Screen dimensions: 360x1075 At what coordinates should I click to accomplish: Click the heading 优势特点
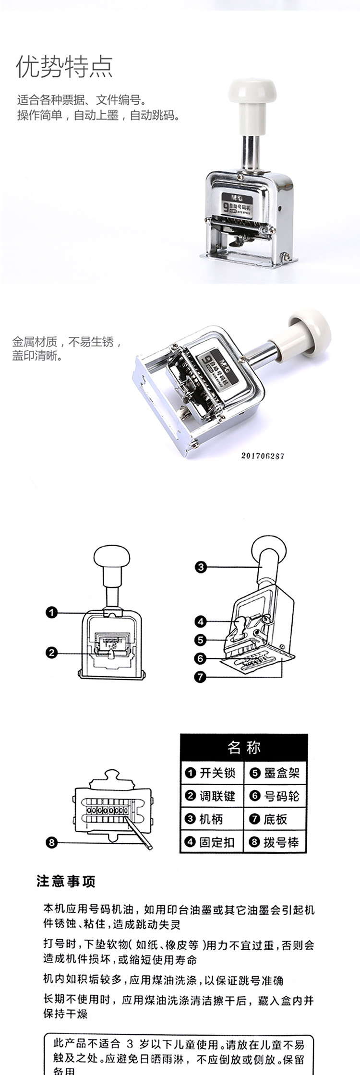65,66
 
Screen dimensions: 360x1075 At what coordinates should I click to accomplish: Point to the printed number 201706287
263,455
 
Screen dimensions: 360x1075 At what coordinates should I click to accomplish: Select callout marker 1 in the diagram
52,612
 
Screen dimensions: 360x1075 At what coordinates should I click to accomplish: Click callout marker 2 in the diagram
52,652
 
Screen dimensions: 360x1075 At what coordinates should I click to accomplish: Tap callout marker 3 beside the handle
201,567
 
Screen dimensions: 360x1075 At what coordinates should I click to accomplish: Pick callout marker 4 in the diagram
201,621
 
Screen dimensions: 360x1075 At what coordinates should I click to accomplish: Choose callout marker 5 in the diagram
201,640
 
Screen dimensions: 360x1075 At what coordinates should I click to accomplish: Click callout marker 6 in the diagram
201,658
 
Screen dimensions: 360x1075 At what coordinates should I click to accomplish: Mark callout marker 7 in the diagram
201,677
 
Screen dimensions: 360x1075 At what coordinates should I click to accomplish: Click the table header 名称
244,747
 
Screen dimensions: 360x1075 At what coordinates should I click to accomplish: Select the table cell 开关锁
212,773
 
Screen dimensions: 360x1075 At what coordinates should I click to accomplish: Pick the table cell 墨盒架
276,773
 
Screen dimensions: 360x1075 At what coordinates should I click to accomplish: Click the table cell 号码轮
276,796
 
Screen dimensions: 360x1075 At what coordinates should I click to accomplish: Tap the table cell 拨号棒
276,842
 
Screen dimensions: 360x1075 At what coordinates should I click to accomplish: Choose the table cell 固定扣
212,842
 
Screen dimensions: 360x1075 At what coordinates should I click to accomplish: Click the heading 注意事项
66,881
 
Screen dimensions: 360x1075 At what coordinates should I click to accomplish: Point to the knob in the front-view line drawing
111,560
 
